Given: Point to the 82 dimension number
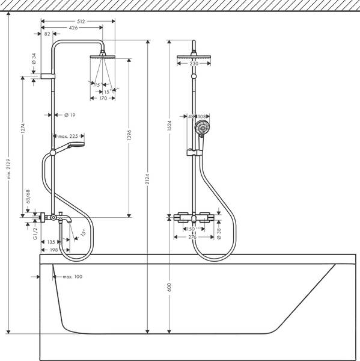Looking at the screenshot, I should (x=47, y=34).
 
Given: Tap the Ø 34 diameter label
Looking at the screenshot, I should (x=34, y=60).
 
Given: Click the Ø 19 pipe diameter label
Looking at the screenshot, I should (x=68, y=115).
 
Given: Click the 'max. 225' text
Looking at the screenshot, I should (x=67, y=137).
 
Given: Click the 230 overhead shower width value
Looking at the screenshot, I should (x=194, y=64).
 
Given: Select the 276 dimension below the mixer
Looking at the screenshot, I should (x=193, y=237).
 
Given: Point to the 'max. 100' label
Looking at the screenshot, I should (x=70, y=277).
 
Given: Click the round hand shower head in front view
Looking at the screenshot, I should (x=203, y=128).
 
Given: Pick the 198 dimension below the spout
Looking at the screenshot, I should (x=54, y=250).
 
